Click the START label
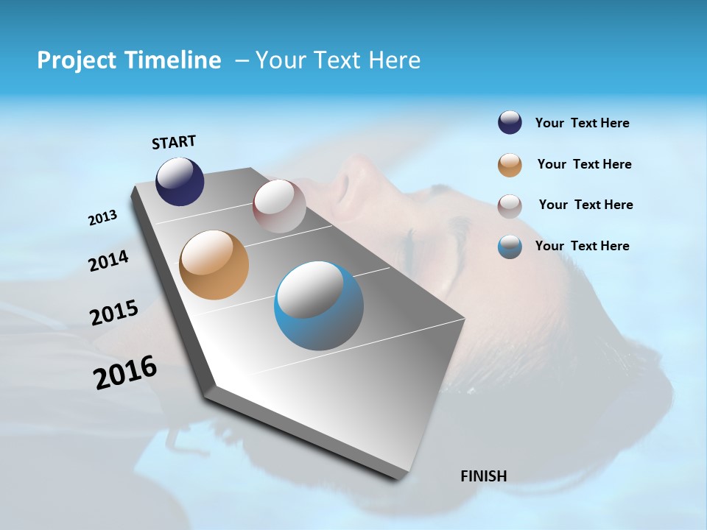tap(174, 141)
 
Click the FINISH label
tap(483, 476)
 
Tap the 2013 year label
tap(102, 218)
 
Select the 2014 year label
tap(108, 261)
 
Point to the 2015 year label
tap(114, 312)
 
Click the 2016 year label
tap(125, 372)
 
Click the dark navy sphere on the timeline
tap(180, 181)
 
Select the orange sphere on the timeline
tap(214, 265)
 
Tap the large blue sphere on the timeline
tap(318, 305)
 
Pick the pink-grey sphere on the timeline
tap(279, 206)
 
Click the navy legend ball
tap(510, 123)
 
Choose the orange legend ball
tap(510, 165)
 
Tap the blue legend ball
tap(510, 247)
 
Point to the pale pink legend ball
tap(510, 205)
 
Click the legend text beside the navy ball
tap(582, 123)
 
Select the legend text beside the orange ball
tap(584, 164)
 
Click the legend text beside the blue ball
tap(582, 246)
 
